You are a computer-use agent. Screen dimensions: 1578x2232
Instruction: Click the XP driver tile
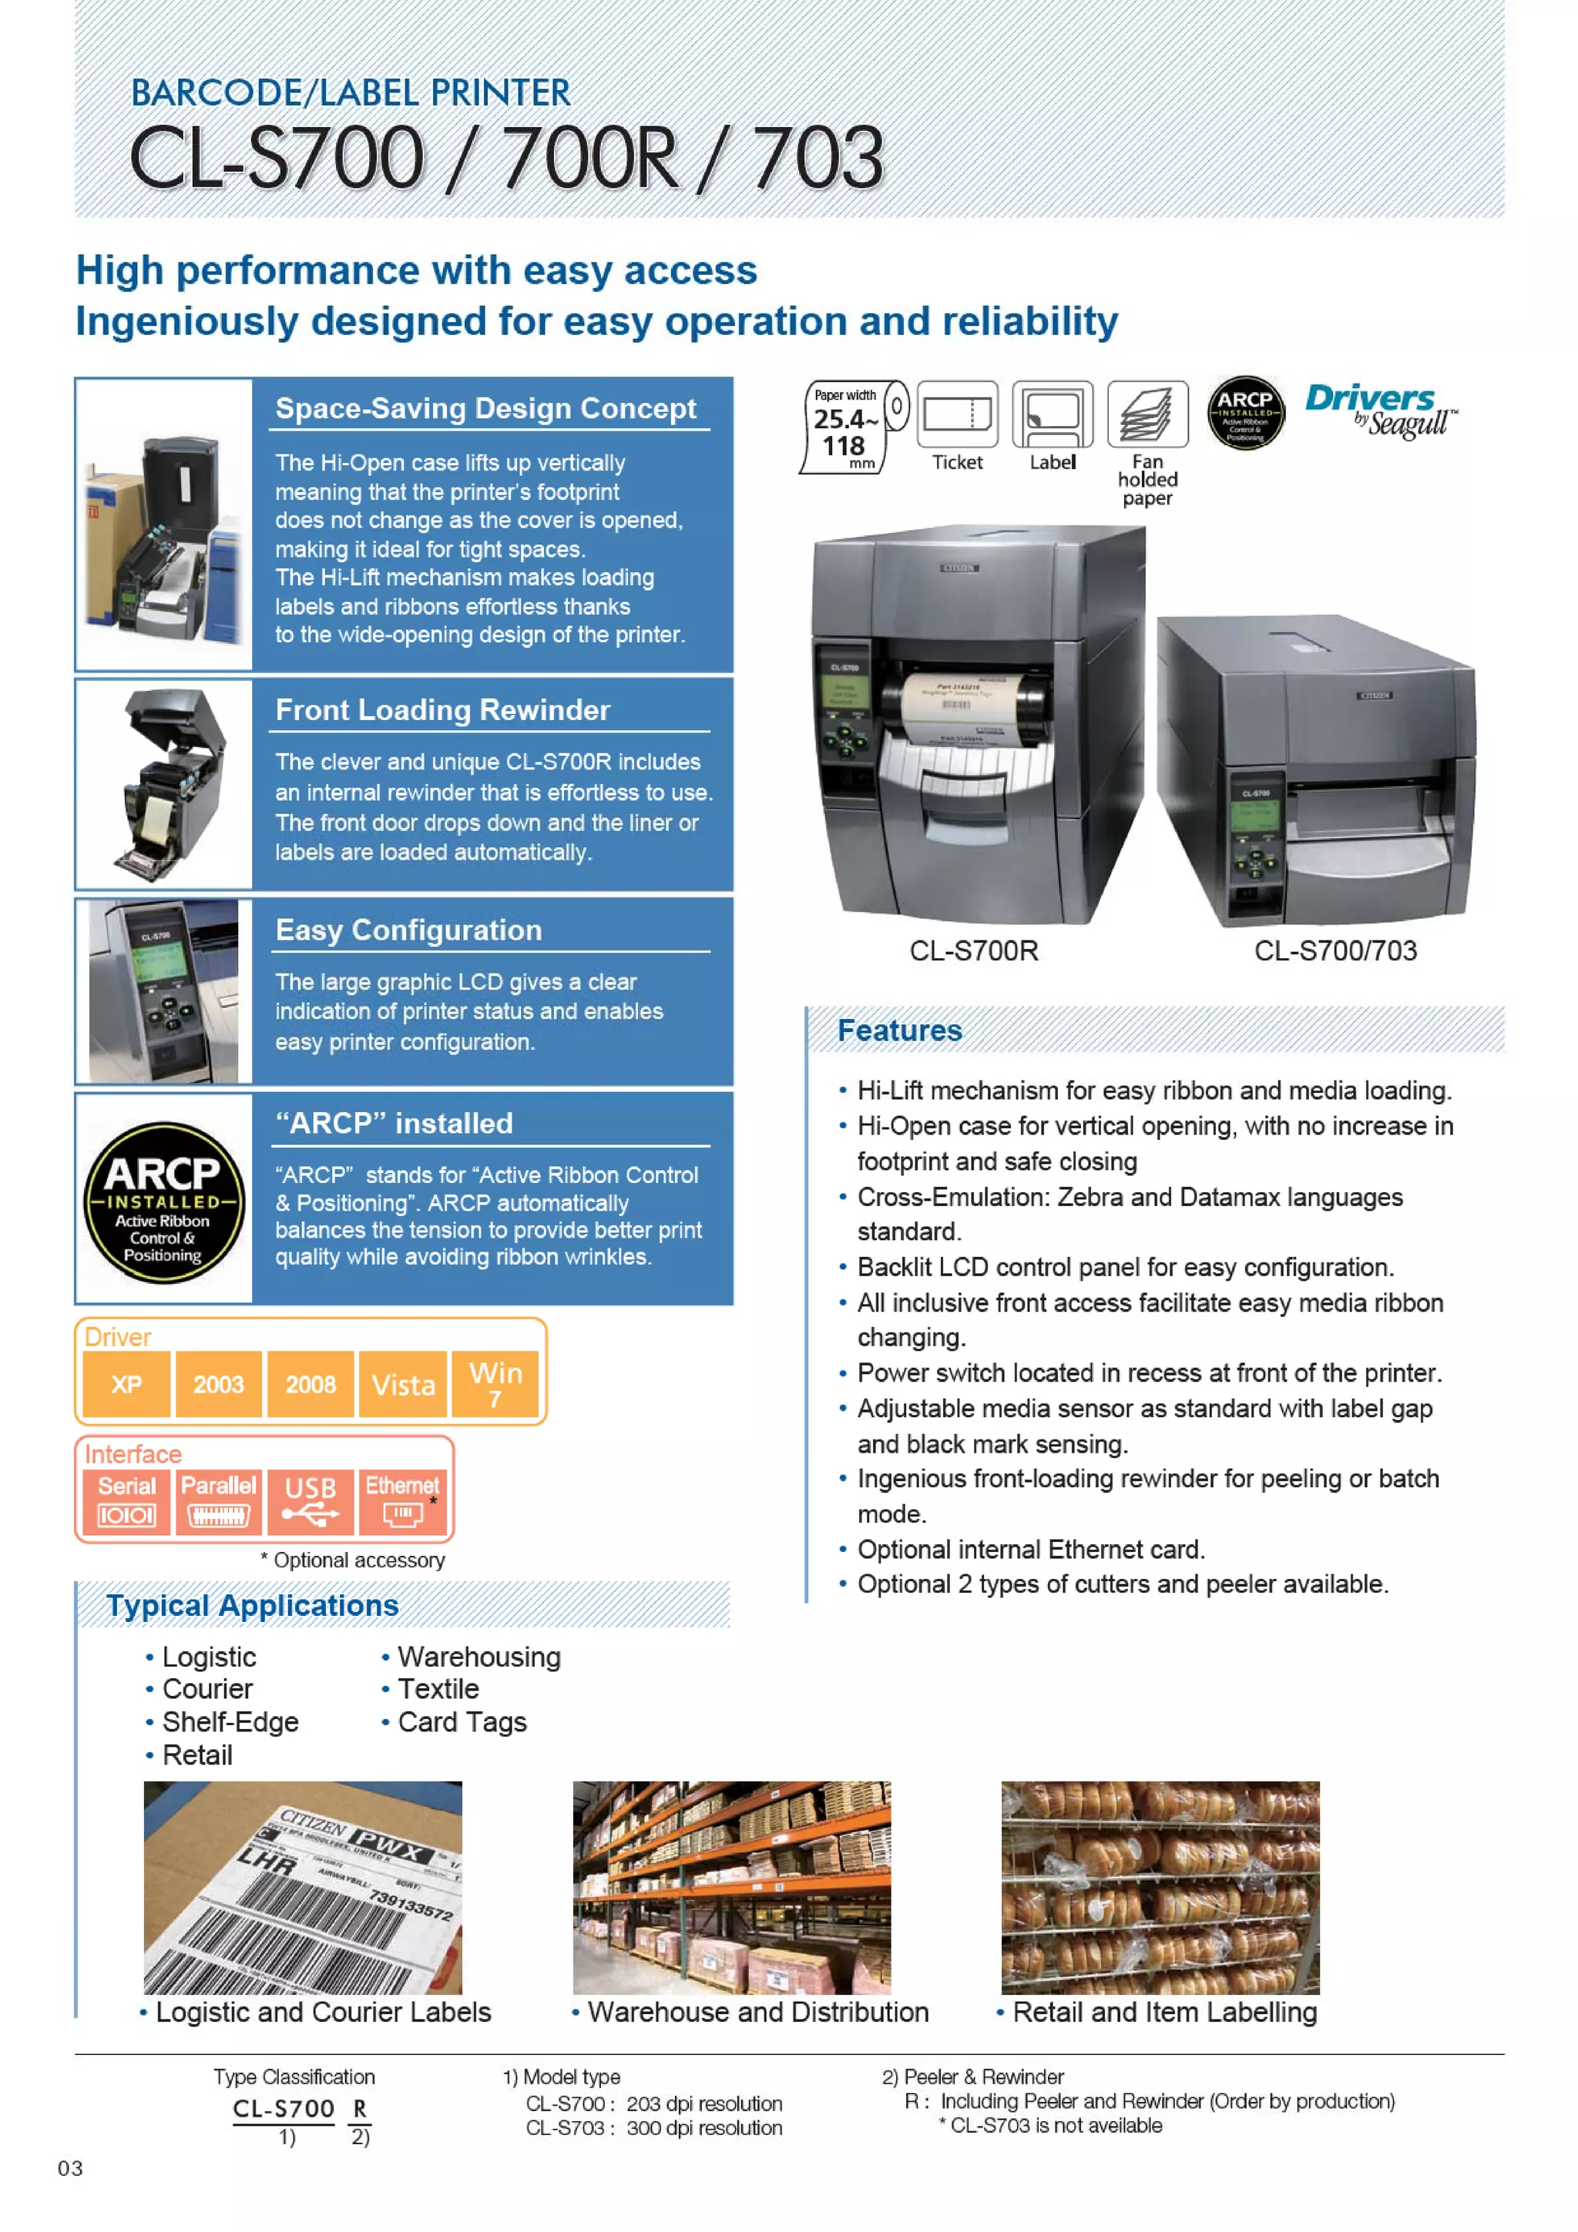[x=126, y=1383]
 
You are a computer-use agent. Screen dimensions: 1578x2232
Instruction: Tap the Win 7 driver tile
[x=495, y=1383]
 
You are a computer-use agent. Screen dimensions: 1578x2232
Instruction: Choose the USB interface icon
[x=311, y=1501]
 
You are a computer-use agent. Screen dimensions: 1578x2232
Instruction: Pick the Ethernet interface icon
[x=401, y=1501]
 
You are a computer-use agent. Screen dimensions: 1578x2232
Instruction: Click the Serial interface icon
[x=126, y=1501]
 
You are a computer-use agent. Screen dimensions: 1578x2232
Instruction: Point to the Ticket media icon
[x=958, y=414]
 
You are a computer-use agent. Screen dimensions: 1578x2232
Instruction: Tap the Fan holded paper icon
[x=1147, y=414]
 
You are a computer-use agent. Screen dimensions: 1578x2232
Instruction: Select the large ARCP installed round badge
[x=163, y=1201]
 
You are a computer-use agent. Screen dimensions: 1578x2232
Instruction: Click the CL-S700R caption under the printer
[x=973, y=950]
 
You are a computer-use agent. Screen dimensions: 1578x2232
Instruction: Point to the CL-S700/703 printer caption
[x=1335, y=950]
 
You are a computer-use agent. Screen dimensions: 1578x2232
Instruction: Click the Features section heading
[x=899, y=1031]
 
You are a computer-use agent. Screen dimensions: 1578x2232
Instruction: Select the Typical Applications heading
[x=253, y=1605]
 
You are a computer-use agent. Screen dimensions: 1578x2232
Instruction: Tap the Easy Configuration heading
[x=408, y=930]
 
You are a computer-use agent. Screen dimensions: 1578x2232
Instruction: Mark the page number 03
[x=70, y=2168]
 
